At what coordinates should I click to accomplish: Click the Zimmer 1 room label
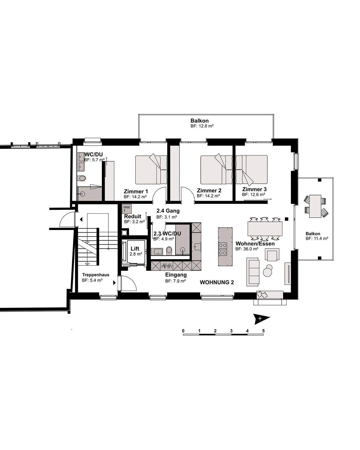coord(136,191)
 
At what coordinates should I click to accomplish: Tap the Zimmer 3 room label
coord(254,189)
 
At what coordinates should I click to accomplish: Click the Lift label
coord(135,249)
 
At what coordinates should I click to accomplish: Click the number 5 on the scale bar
coord(263,331)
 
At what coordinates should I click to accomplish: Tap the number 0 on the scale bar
coord(183,331)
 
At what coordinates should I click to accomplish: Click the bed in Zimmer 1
coord(151,170)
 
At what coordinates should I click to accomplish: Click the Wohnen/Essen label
coord(255,244)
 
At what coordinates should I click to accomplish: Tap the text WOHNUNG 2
coord(217,282)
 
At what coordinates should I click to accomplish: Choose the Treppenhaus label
coord(96,275)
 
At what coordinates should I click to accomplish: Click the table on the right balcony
coord(315,206)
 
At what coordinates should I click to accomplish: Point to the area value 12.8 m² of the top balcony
coord(202,126)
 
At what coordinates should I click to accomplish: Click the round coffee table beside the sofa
coord(268,272)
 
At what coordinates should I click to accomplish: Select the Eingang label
coord(176,275)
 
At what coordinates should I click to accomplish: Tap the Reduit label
coord(133,217)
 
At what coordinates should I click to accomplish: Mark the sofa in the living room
coord(253,272)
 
